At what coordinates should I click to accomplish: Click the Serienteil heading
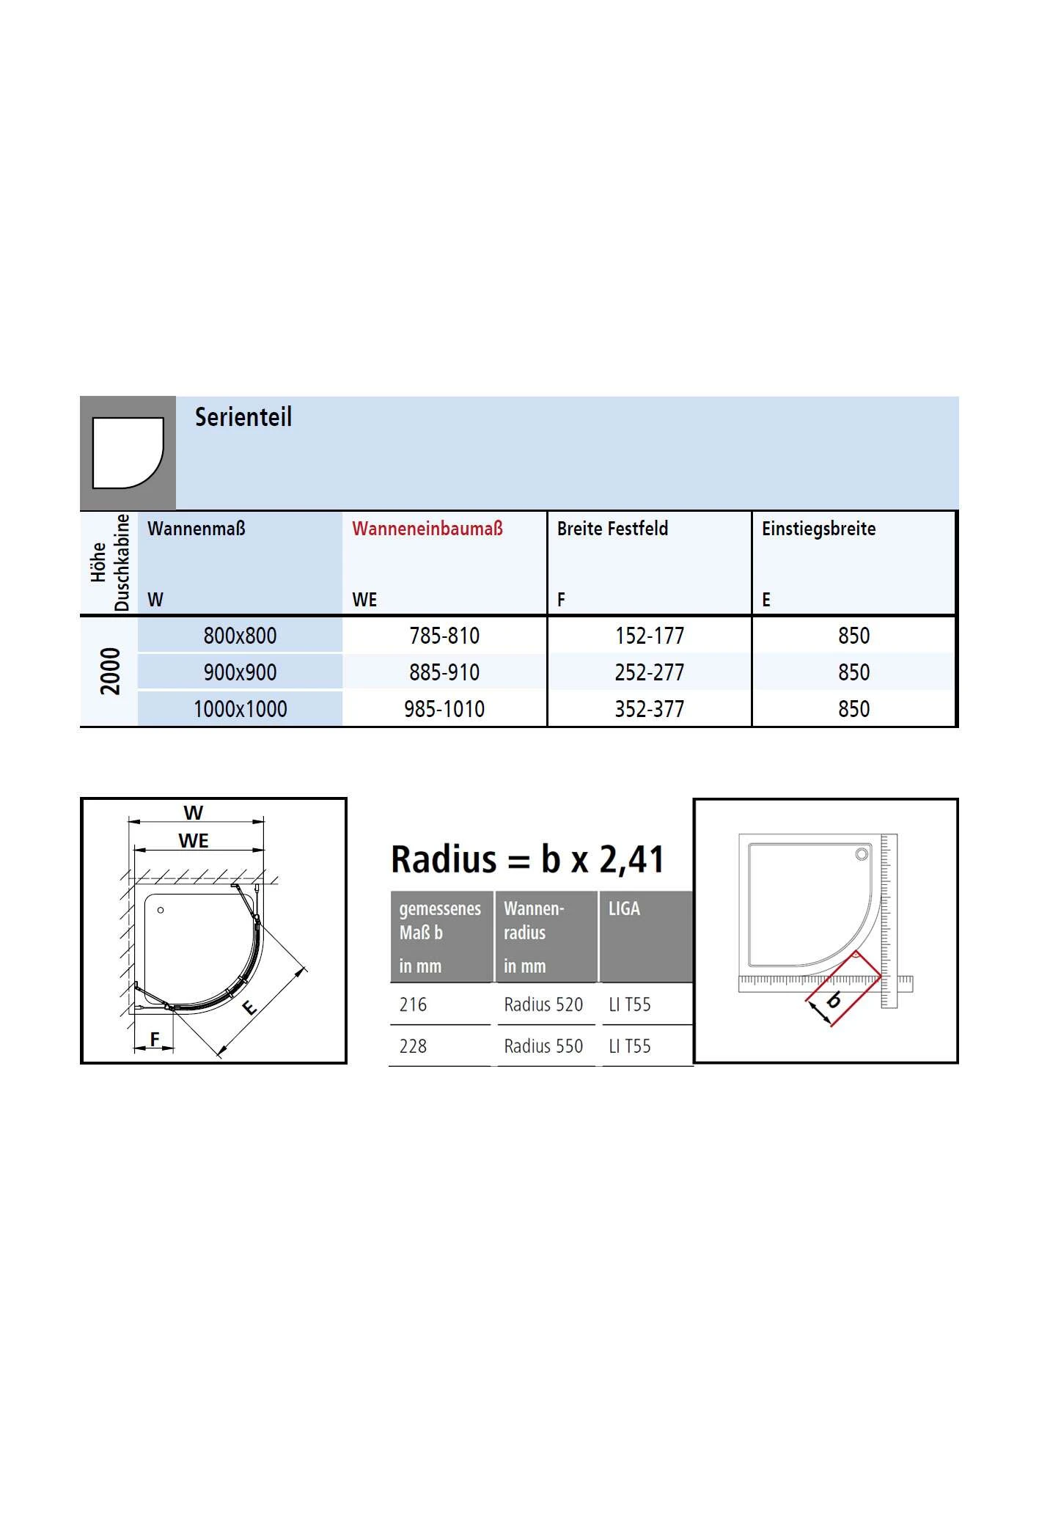[243, 417]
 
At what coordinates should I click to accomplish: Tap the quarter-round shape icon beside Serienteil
[128, 453]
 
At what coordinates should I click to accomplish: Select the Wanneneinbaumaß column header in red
[427, 529]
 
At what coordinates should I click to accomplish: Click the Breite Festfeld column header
[612, 529]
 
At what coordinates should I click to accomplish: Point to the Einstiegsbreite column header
[818, 529]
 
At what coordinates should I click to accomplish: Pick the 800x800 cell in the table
[241, 636]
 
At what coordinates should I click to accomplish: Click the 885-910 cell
[444, 672]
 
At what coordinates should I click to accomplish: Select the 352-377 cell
[650, 709]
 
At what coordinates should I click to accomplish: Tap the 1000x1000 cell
[241, 709]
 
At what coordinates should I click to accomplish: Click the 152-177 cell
[650, 636]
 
